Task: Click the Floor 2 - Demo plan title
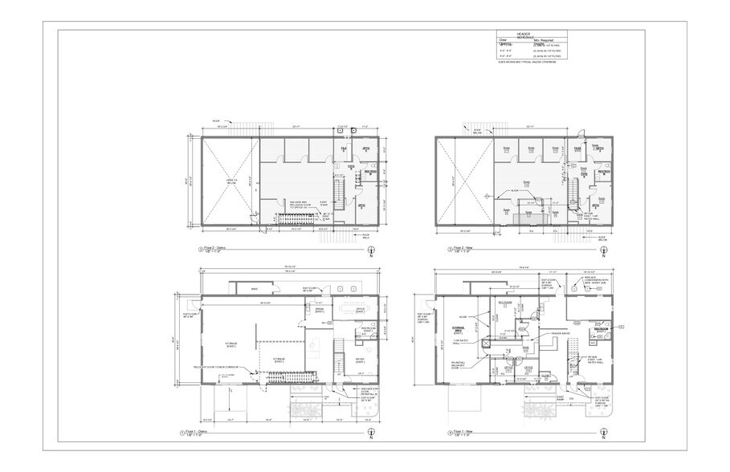coord(215,250)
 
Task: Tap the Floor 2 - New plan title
coord(454,250)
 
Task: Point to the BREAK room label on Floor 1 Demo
coord(308,310)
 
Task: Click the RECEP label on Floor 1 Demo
coord(360,359)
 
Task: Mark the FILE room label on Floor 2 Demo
coord(344,149)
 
